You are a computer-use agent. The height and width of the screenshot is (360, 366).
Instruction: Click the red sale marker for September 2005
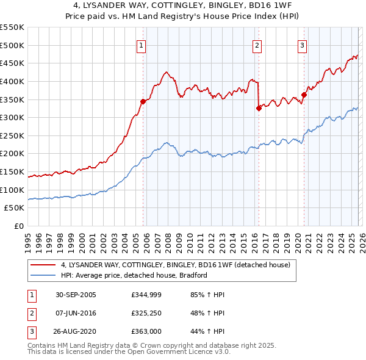click(x=143, y=101)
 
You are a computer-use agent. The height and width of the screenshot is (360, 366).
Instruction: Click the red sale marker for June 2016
click(x=259, y=109)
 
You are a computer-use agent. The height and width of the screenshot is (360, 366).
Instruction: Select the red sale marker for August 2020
click(x=304, y=95)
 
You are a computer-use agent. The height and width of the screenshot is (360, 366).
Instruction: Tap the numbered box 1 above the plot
click(x=142, y=45)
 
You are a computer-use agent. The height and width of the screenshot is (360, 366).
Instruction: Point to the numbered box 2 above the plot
click(x=257, y=45)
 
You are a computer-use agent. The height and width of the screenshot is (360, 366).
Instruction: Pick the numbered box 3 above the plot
click(x=302, y=45)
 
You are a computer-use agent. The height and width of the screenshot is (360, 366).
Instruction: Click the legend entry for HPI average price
click(x=134, y=275)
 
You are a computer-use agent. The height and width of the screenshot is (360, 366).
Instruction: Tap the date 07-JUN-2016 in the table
click(x=76, y=314)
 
